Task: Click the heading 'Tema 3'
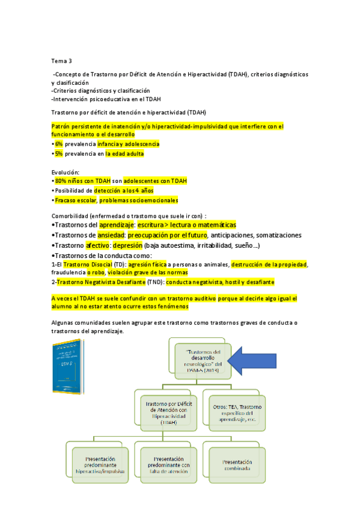click(61, 61)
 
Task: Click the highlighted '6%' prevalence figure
click(58, 144)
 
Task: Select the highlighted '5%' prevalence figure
click(58, 154)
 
